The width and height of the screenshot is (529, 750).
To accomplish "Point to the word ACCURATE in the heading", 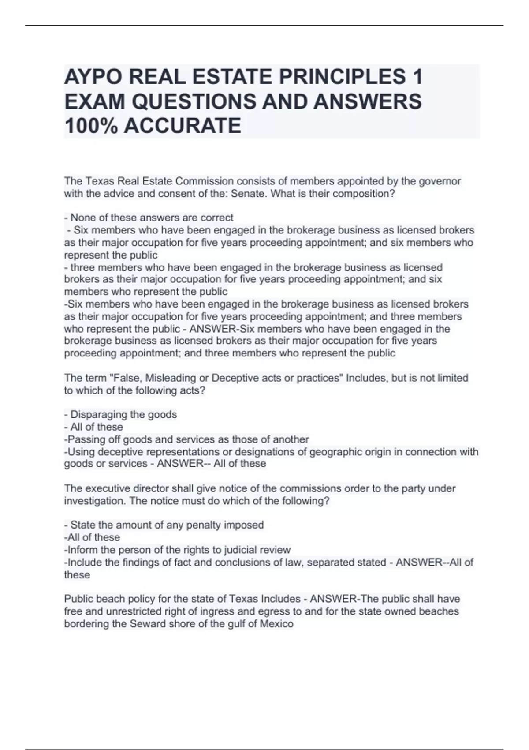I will (x=183, y=126).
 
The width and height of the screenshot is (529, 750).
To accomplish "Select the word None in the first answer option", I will (x=82, y=217).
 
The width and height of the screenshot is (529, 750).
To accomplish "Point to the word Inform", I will (x=82, y=550).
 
